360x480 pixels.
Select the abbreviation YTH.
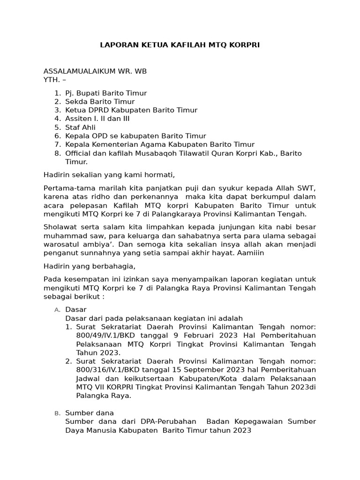[x=51, y=80]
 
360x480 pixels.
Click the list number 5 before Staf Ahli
[x=57, y=127]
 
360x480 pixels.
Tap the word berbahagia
[x=112, y=266]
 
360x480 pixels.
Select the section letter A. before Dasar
[x=57, y=310]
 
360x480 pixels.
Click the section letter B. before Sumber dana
[x=57, y=413]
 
